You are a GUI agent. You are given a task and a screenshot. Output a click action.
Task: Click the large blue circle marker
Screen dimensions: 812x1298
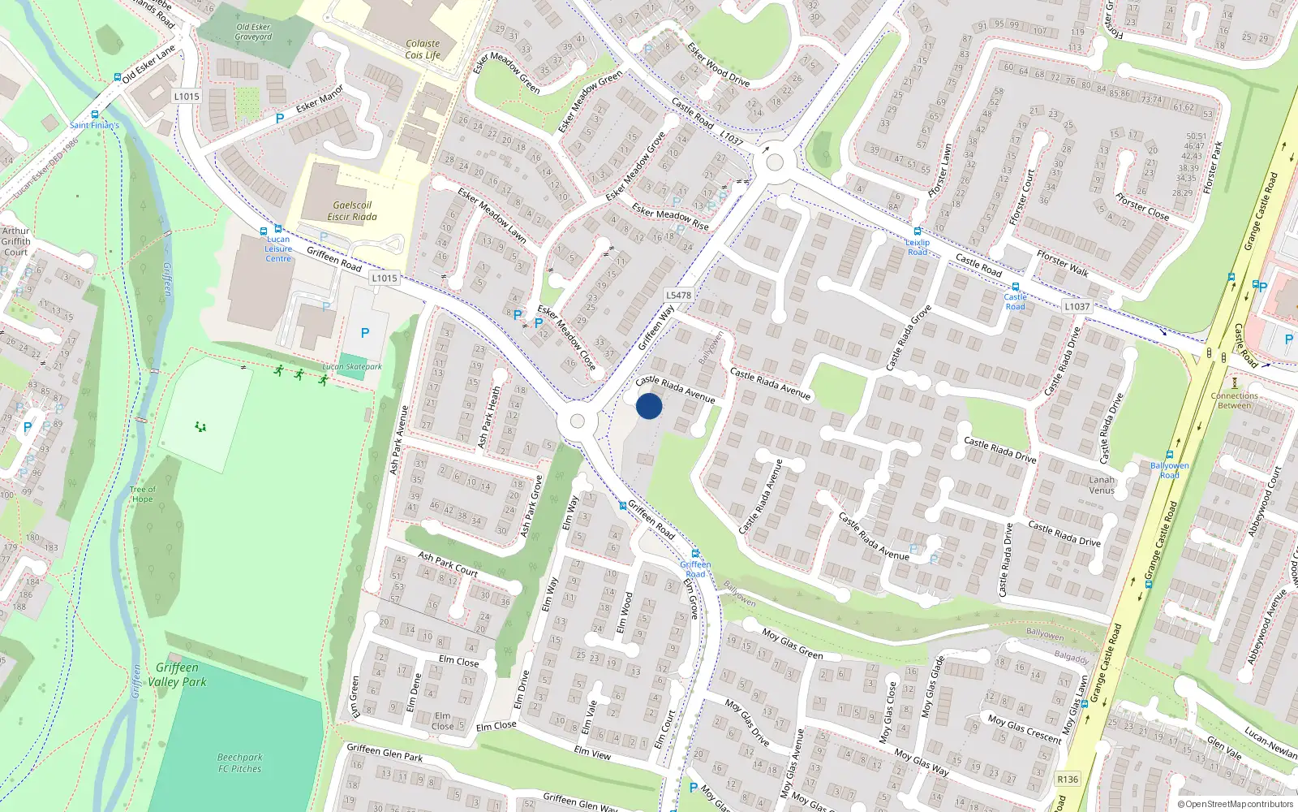[x=649, y=406]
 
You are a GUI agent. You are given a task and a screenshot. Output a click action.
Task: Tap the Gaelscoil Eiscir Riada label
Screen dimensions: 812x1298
[x=352, y=211]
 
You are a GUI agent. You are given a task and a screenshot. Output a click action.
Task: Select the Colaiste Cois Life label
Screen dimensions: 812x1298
[x=423, y=50]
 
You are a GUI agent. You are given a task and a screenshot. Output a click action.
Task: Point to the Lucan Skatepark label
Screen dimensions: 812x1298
[x=351, y=367]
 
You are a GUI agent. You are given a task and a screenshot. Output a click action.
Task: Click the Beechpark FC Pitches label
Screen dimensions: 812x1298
[x=239, y=762]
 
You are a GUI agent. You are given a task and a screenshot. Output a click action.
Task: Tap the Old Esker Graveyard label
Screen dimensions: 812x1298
[x=253, y=32]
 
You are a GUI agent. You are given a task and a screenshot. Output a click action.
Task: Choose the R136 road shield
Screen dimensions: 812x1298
[x=1068, y=780]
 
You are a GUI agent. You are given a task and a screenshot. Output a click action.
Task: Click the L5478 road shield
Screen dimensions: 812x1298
[x=678, y=296]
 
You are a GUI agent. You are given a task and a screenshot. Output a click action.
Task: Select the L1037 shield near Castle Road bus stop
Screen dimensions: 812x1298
[x=1077, y=306]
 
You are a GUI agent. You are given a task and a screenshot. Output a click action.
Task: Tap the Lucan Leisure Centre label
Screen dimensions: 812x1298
[x=277, y=248]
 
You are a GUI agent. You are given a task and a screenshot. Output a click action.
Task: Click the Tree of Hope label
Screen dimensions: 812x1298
[x=142, y=494]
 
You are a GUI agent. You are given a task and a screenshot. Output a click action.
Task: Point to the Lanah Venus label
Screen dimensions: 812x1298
[x=1101, y=485]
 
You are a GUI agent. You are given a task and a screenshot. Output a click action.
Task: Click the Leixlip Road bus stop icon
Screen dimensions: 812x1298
[x=918, y=231]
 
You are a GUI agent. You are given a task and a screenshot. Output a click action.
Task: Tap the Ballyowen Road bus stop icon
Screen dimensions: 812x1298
[x=1170, y=456]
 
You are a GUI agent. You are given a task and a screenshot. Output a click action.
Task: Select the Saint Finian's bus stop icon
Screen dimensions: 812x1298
[x=95, y=115]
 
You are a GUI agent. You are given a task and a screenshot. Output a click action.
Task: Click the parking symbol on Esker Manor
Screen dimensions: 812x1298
[x=280, y=119]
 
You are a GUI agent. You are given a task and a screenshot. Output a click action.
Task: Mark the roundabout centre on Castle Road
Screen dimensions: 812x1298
[x=774, y=162]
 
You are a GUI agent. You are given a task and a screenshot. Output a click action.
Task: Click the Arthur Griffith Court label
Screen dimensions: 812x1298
[x=15, y=241]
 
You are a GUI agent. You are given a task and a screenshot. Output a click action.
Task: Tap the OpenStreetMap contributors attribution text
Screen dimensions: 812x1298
[x=1236, y=804]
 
